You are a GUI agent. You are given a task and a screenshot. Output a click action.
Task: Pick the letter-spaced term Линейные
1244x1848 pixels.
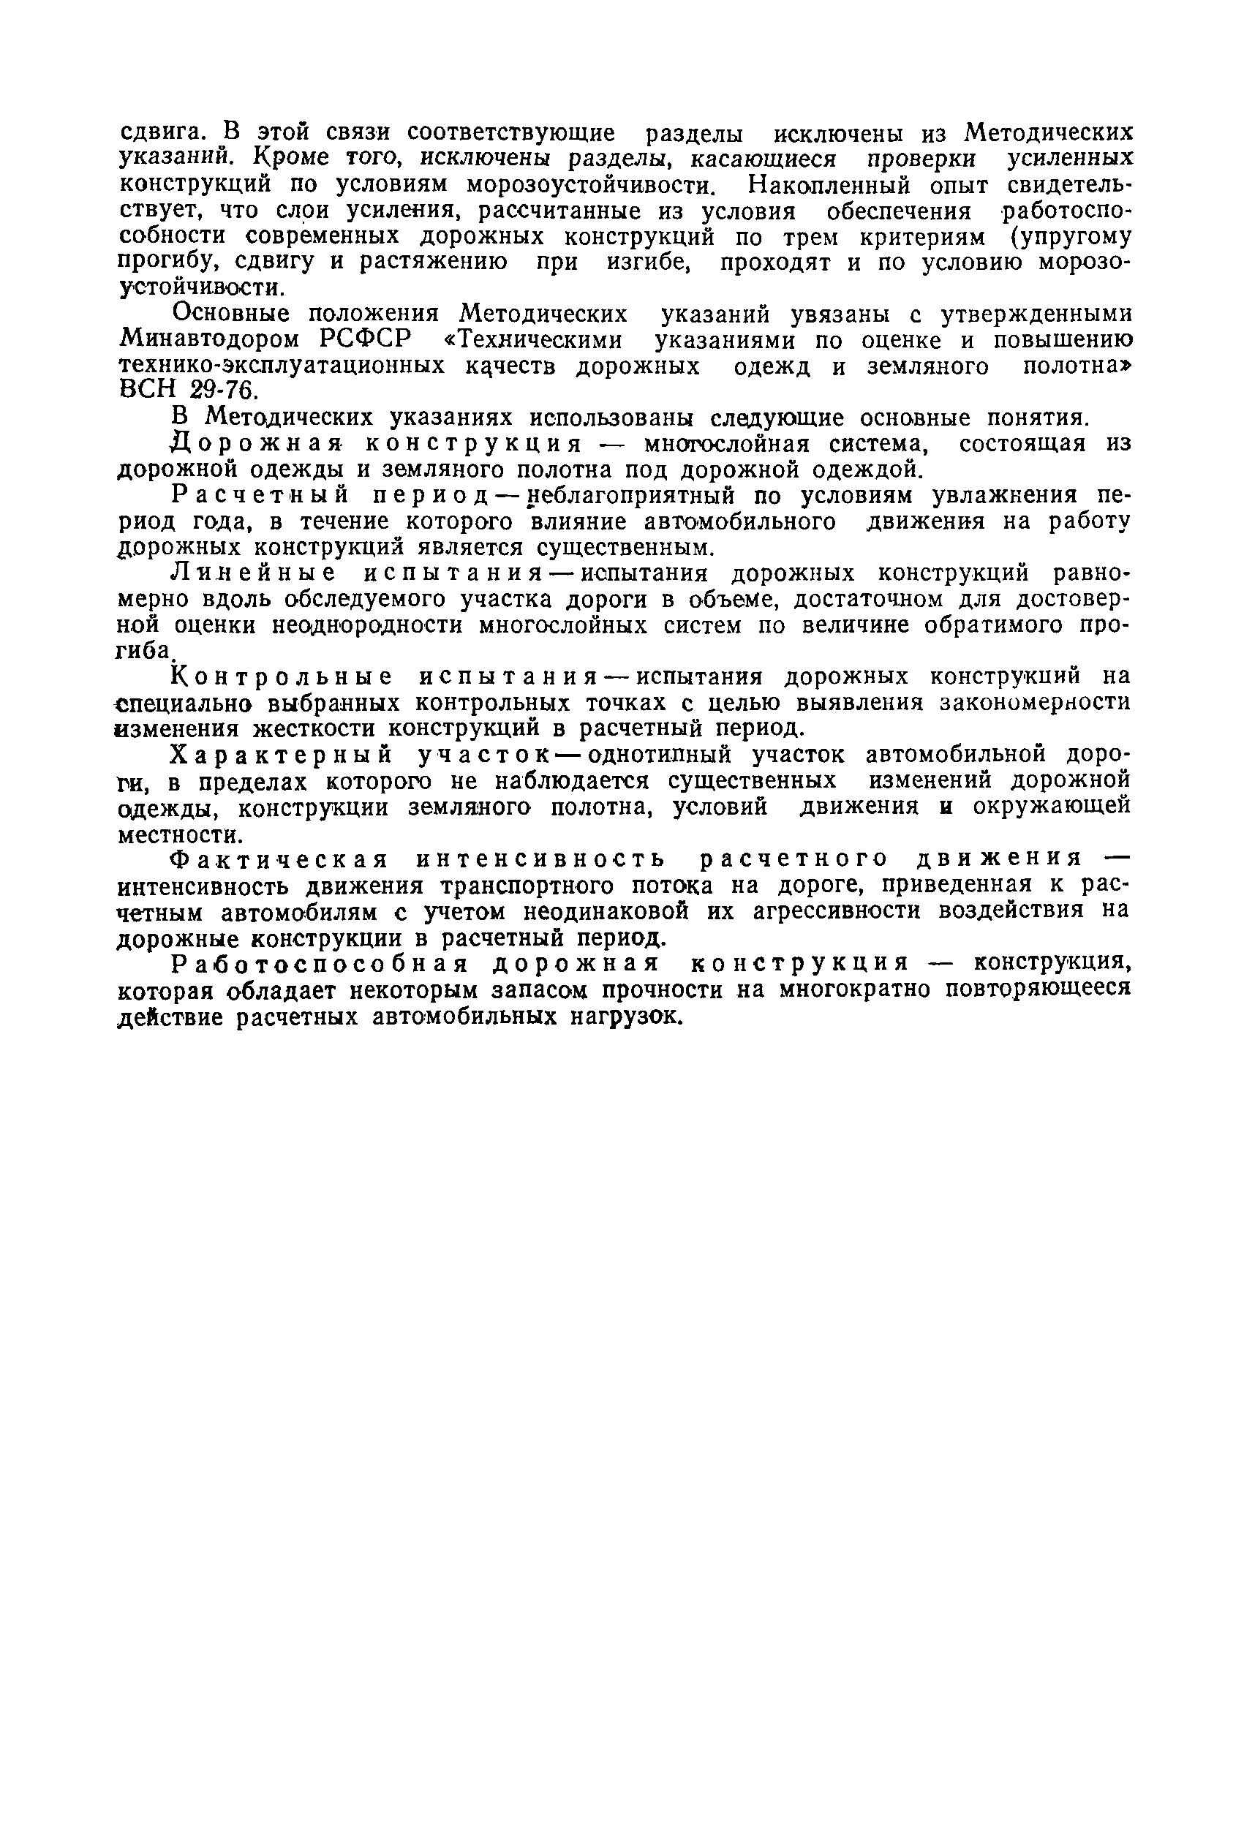click(254, 573)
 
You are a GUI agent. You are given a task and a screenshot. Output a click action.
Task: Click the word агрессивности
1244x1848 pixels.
click(837, 910)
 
